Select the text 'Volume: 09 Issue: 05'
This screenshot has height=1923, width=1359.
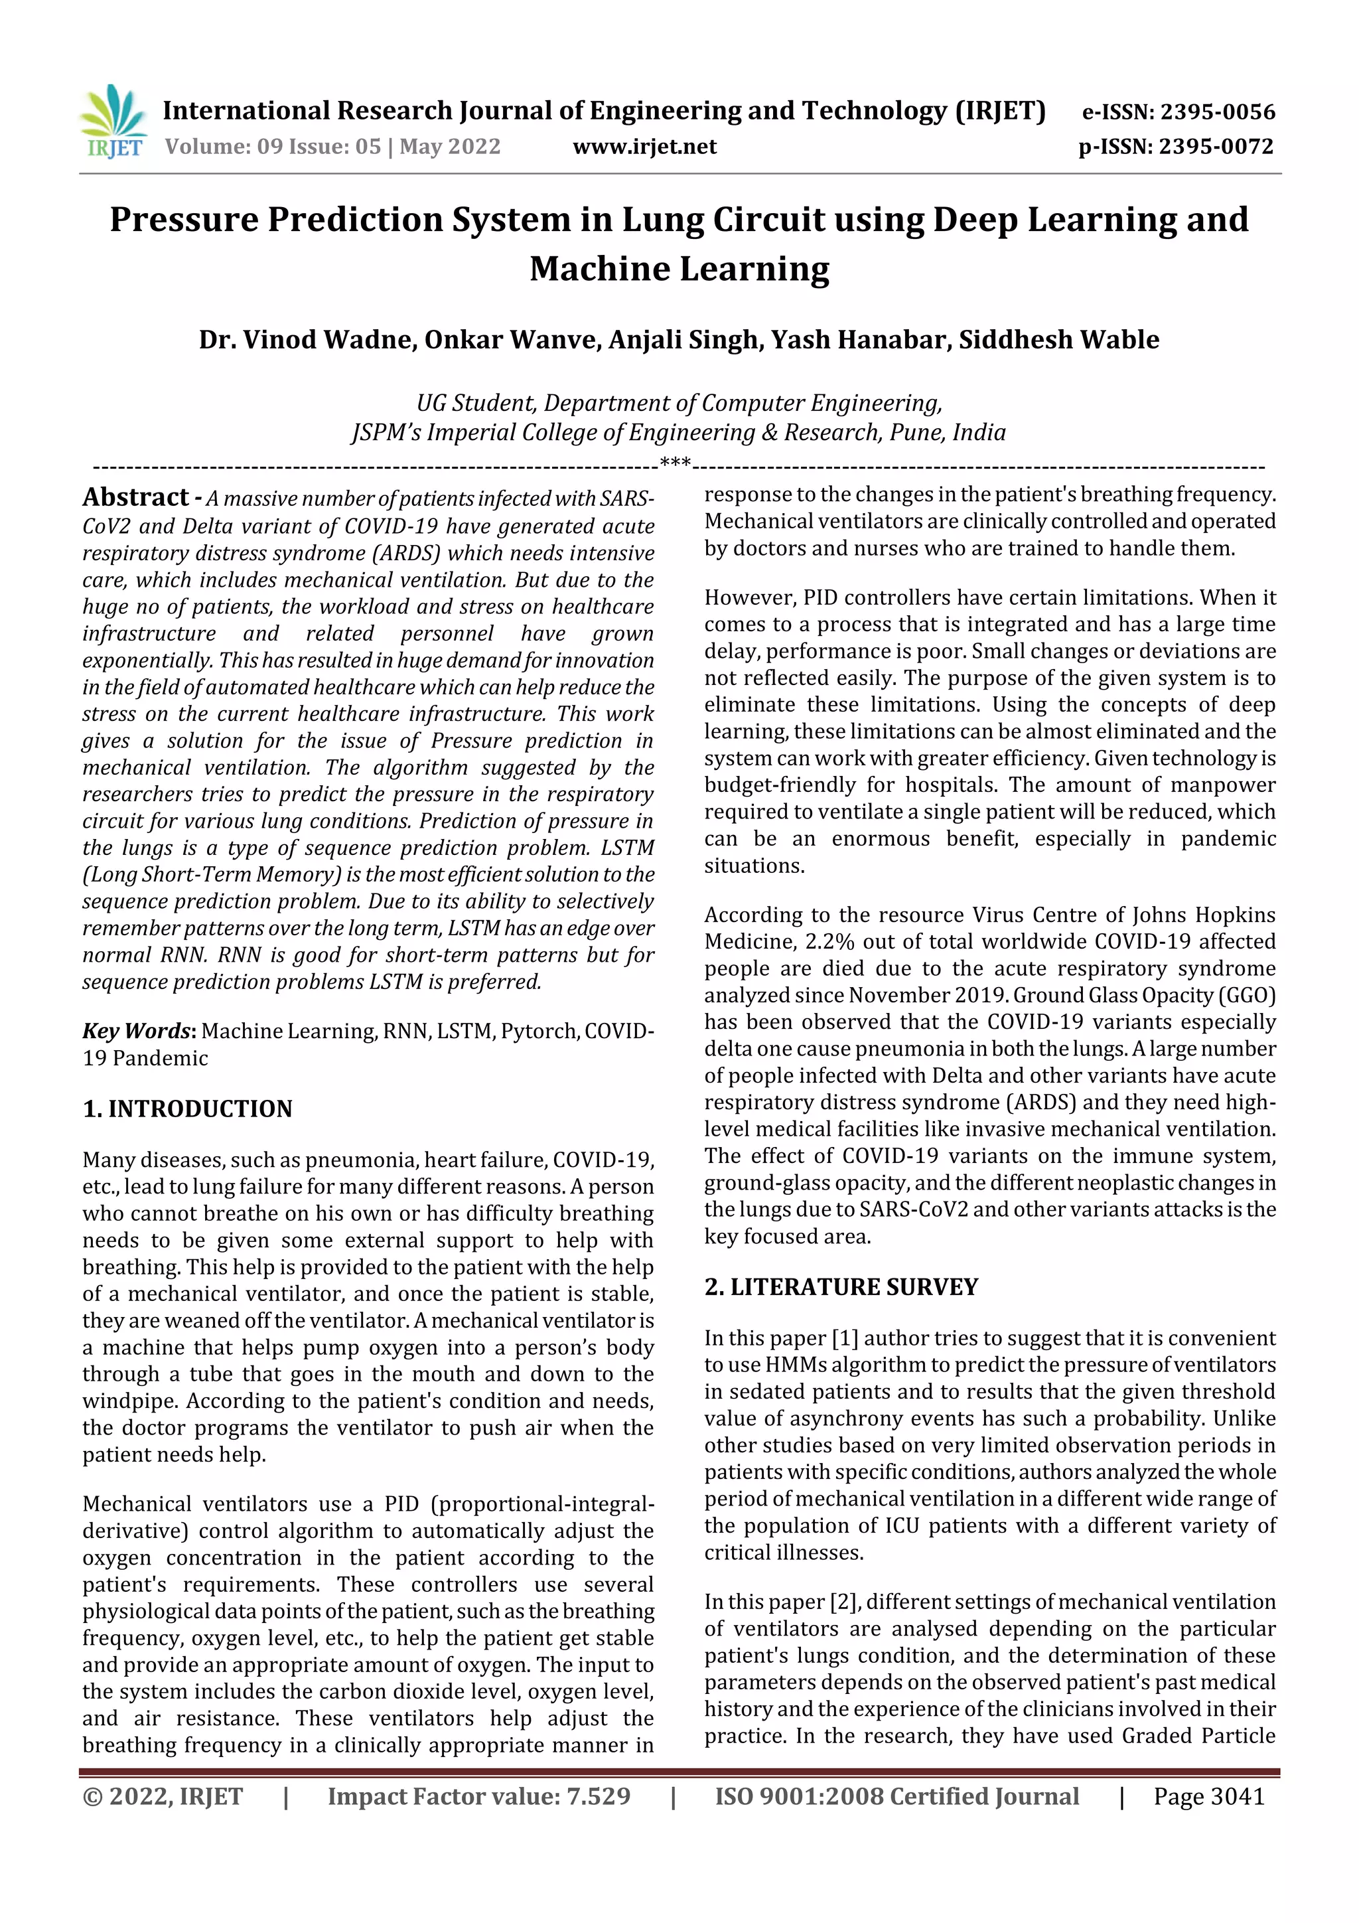point(272,147)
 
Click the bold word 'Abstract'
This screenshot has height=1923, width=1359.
point(135,497)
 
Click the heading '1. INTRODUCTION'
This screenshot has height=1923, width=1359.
point(188,1109)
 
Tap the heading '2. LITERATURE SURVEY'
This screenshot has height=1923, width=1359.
point(841,1287)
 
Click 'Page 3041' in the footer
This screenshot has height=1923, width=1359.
point(1208,1796)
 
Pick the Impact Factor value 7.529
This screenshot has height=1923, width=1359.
point(597,1796)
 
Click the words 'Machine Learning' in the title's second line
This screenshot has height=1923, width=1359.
point(679,269)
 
